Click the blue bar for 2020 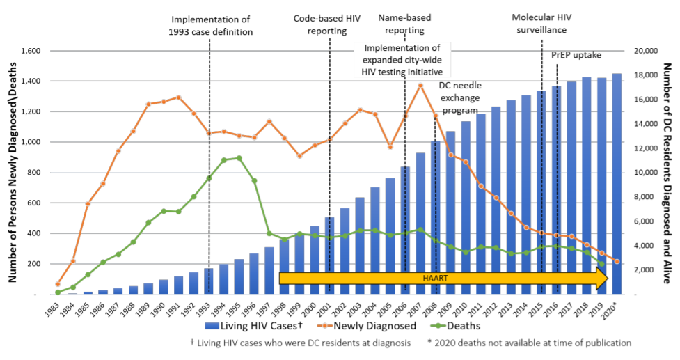tap(617, 184)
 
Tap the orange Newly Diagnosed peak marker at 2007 tap(420, 86)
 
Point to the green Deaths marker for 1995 tap(239, 158)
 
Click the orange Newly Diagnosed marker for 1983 tap(58, 284)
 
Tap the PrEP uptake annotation tap(576, 55)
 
